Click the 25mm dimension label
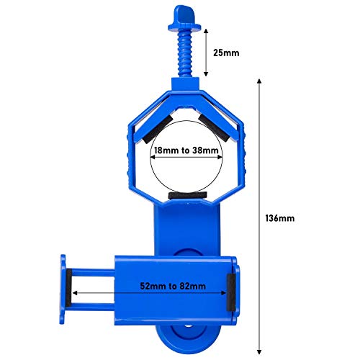[226, 53]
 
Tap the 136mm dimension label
[280, 218]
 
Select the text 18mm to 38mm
[186, 150]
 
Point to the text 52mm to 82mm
[173, 286]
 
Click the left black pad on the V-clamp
[158, 130]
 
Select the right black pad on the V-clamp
[214, 127]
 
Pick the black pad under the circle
[187, 195]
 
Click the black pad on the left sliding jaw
[68, 288]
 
